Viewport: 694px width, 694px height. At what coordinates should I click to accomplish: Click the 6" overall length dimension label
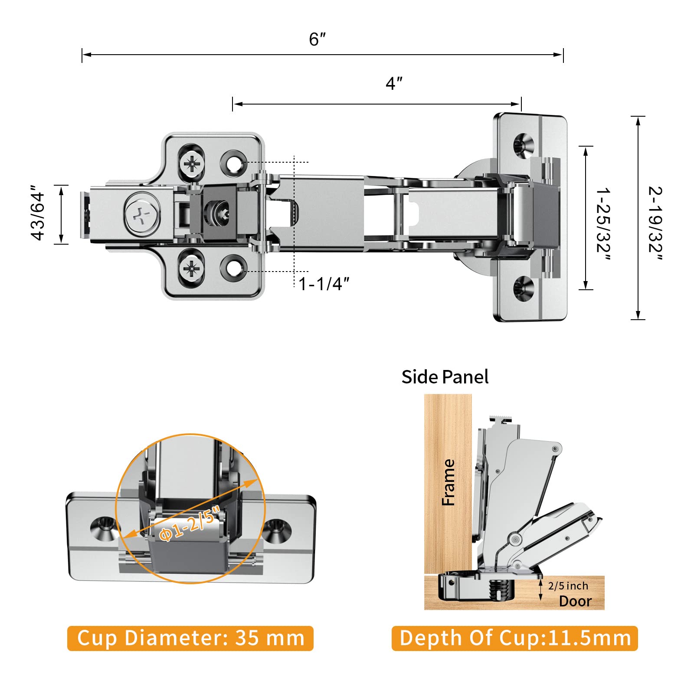(x=317, y=39)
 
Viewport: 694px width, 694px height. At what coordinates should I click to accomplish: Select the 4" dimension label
(x=394, y=83)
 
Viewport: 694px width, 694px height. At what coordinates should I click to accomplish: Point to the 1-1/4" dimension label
(x=324, y=284)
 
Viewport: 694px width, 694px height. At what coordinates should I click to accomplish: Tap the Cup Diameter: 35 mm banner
(x=190, y=638)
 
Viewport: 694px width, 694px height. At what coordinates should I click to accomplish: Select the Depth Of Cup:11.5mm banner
(x=514, y=638)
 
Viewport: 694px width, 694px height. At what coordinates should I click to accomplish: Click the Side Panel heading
(x=445, y=377)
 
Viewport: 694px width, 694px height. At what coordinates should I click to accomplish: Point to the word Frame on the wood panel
(x=448, y=482)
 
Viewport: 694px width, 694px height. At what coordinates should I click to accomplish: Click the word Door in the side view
(x=575, y=601)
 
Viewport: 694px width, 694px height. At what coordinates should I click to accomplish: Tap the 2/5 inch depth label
(x=568, y=586)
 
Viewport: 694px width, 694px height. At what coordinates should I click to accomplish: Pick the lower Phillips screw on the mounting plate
(x=191, y=269)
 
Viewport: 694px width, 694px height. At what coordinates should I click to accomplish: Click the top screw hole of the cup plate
(x=524, y=145)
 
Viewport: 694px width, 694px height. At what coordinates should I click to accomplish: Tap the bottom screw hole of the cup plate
(x=524, y=288)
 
